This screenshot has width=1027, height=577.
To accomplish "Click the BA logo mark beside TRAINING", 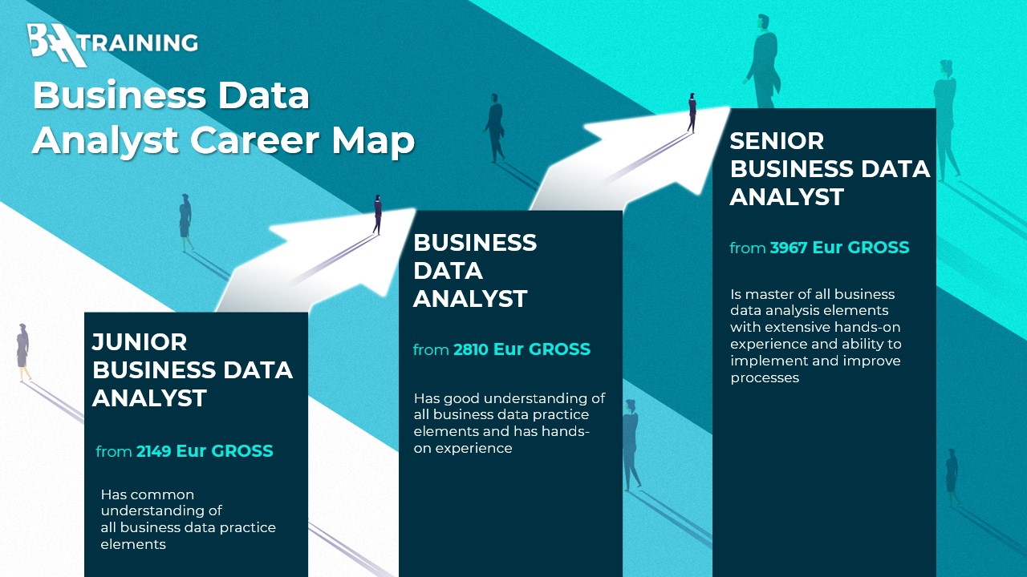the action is click(57, 45).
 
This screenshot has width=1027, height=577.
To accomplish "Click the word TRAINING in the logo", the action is click(142, 42).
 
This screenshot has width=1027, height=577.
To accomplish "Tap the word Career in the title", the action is click(254, 139).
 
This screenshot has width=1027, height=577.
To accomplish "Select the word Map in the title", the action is click(373, 142).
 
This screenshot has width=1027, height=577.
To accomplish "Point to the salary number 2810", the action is click(471, 349).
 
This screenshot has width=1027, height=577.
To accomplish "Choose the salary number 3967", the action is click(788, 248).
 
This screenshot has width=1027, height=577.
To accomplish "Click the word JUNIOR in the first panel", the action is click(140, 342).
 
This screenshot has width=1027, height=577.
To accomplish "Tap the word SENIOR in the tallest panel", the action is click(777, 140).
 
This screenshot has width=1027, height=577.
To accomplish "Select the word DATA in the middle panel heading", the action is click(448, 271).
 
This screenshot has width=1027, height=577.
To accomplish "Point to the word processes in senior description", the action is click(765, 378).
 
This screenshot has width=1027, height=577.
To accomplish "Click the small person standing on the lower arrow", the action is click(377, 214).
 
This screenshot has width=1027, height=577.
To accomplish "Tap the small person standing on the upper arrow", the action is click(692, 113).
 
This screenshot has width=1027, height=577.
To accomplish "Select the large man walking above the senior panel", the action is click(762, 62).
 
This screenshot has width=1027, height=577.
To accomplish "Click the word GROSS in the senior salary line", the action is click(879, 248).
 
